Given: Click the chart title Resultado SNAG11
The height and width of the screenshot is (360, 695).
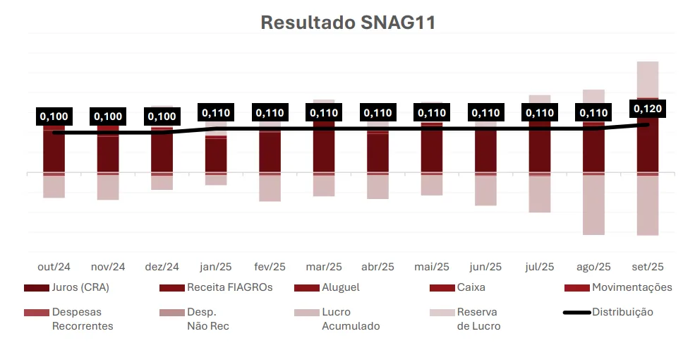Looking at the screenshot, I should click(x=348, y=23).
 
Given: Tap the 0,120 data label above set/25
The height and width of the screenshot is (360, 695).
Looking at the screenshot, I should click(x=647, y=109).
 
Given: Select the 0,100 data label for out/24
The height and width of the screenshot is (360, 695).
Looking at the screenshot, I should click(x=54, y=116).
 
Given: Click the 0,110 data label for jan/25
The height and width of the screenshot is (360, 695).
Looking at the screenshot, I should click(x=216, y=112).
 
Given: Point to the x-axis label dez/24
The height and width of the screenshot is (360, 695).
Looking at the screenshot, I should click(x=162, y=267).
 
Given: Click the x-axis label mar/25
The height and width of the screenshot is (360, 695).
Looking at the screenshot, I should click(x=324, y=267).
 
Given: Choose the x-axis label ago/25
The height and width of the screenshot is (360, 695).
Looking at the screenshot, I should click(x=593, y=267).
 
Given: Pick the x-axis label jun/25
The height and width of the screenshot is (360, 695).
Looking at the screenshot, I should click(x=485, y=267).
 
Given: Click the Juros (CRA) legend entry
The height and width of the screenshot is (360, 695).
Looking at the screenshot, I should click(x=80, y=287).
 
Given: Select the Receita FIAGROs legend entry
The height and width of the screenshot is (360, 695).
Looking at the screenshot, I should click(x=229, y=287).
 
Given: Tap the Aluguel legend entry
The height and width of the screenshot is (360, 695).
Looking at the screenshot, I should click(x=340, y=287).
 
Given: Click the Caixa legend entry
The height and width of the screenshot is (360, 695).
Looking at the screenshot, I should click(x=471, y=287).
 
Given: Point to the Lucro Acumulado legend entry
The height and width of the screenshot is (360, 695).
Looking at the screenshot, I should click(x=350, y=318).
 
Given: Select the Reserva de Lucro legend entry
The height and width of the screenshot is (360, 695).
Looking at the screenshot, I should click(x=478, y=318).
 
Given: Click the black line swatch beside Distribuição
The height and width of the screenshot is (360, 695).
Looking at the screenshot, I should click(x=576, y=312).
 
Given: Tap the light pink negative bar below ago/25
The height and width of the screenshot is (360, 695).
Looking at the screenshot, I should click(x=593, y=205).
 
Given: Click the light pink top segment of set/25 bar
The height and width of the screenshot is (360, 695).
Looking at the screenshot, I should click(x=647, y=78).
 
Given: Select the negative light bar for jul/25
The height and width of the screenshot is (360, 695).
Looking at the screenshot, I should click(x=540, y=193).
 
